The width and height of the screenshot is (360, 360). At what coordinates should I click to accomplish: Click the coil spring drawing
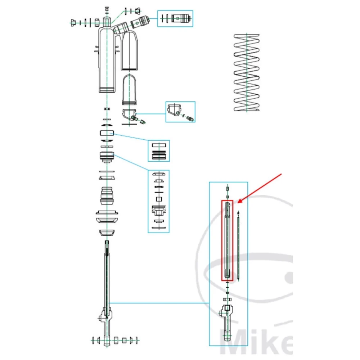[x=247, y=72]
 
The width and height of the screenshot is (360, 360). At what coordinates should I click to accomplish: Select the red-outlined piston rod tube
[x=227, y=240]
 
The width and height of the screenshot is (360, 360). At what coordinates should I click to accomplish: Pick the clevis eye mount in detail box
[x=227, y=320]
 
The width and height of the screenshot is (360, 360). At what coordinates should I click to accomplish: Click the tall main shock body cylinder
[x=107, y=59]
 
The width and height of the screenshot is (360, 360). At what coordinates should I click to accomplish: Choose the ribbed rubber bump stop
[x=107, y=196]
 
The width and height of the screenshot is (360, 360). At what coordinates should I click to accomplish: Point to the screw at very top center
[x=107, y=8]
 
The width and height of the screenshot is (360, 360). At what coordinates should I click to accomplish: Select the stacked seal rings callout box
[x=159, y=150]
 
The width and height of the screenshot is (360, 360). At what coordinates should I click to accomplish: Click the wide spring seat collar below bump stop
[x=107, y=216]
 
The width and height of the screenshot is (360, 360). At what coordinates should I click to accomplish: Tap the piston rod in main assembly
[x=107, y=277]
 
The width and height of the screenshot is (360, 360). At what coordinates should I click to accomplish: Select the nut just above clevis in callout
[x=227, y=300]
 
